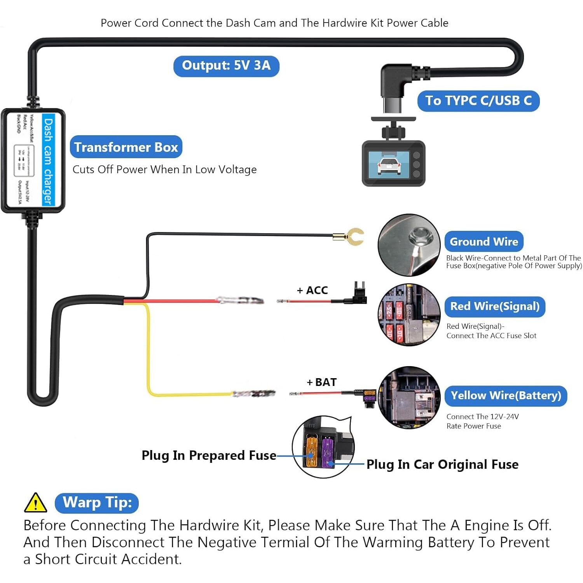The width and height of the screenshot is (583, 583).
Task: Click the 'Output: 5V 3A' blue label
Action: click(x=226, y=66)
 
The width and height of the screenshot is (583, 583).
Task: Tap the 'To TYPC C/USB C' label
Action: click(x=478, y=101)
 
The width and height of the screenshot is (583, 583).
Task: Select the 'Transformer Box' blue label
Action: click(x=126, y=147)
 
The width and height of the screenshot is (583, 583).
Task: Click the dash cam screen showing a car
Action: click(x=389, y=163)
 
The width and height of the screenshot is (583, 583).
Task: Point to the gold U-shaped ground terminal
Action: click(x=354, y=237)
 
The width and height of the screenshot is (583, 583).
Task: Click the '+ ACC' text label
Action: click(x=312, y=290)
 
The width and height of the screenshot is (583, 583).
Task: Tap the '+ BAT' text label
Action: click(x=322, y=382)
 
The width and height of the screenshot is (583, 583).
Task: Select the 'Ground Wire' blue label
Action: click(x=484, y=241)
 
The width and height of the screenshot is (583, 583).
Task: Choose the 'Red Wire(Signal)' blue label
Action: click(x=495, y=306)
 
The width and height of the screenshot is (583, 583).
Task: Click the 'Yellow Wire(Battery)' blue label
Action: click(x=506, y=396)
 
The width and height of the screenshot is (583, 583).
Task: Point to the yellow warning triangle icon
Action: click(x=35, y=503)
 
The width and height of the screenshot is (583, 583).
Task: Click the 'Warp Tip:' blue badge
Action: click(x=97, y=503)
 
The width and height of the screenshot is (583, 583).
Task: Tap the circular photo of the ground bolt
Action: click(x=409, y=245)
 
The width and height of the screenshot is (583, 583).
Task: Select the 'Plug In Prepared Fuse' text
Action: click(x=209, y=456)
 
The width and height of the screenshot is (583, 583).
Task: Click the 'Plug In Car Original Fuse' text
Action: click(x=442, y=464)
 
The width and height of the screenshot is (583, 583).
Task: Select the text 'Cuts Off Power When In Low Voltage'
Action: click(x=164, y=169)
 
